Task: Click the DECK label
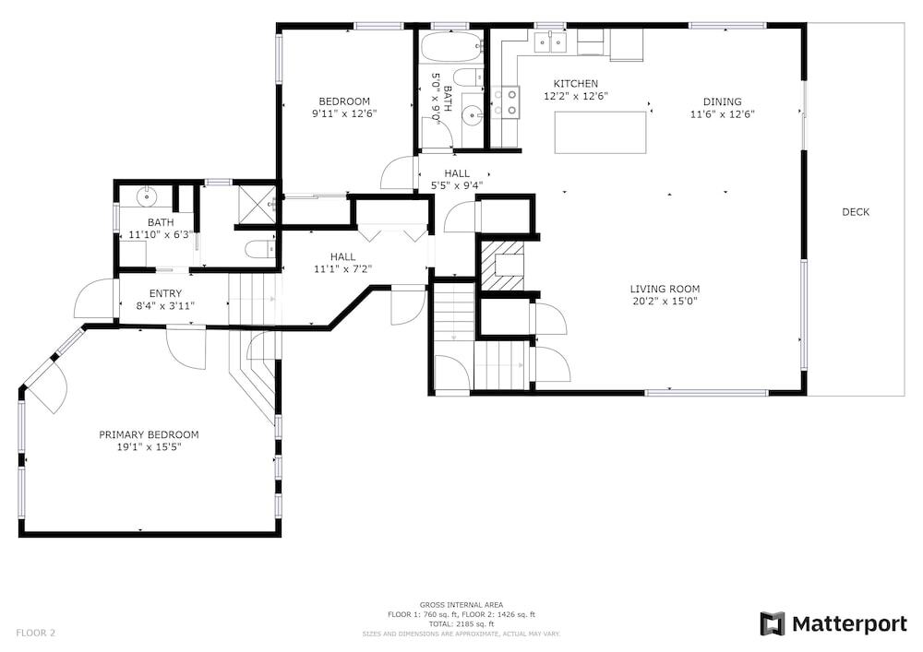pyautogui.click(x=856, y=212)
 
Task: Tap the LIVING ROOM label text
pyautogui.click(x=665, y=289)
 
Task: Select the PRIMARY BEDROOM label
pyautogui.click(x=149, y=434)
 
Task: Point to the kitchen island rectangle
pyautogui.click(x=601, y=132)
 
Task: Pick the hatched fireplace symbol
pyautogui.click(x=499, y=266)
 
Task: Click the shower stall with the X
pyautogui.click(x=257, y=204)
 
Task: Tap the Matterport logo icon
pyautogui.click(x=773, y=623)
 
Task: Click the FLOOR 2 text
pyautogui.click(x=35, y=634)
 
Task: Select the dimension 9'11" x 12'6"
pyautogui.click(x=343, y=113)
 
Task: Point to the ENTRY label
pyautogui.click(x=165, y=293)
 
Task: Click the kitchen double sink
pyautogui.click(x=550, y=42)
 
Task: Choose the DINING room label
pyautogui.click(x=723, y=101)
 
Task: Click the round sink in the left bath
pyautogui.click(x=146, y=196)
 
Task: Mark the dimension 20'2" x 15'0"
pyautogui.click(x=665, y=302)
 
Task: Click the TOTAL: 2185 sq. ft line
pyautogui.click(x=461, y=623)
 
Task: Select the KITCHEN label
pyautogui.click(x=576, y=84)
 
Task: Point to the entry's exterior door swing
pyautogui.click(x=95, y=298)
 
